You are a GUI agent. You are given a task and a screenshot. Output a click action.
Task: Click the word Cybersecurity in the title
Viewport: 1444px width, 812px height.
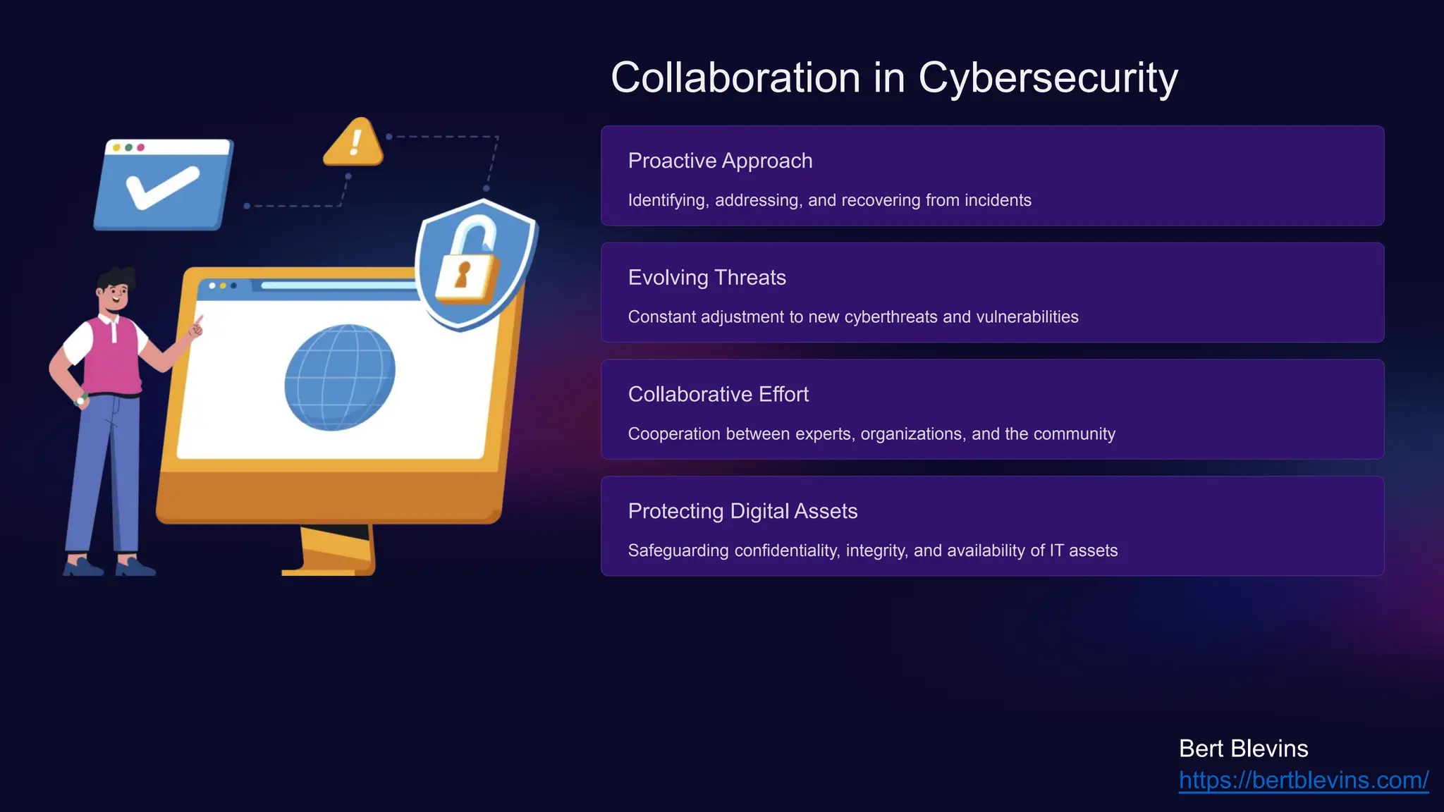(x=1048, y=78)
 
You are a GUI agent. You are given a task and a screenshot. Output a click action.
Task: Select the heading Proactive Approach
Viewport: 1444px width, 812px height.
(x=720, y=161)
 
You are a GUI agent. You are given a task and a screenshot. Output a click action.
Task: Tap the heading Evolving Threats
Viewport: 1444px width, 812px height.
(x=706, y=278)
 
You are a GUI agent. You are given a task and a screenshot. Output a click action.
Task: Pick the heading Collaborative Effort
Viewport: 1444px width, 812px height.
(x=718, y=394)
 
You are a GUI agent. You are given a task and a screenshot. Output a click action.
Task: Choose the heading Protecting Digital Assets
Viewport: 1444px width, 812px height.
(x=742, y=511)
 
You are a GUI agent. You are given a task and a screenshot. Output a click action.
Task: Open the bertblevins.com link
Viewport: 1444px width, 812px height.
(x=1303, y=780)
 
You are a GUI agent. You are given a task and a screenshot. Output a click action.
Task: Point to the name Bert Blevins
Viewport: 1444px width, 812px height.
(x=1243, y=749)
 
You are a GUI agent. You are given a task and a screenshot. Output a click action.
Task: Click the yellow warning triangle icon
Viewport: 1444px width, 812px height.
(x=354, y=143)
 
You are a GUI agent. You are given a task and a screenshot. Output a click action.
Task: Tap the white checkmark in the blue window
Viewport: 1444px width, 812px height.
(x=161, y=187)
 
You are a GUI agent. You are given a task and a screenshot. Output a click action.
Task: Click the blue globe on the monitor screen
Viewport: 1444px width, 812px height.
(x=339, y=377)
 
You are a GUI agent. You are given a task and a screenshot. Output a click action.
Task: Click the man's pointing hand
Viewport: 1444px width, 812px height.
(x=195, y=328)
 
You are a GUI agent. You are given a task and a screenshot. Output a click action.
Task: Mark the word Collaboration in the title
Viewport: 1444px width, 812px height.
(x=735, y=78)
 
